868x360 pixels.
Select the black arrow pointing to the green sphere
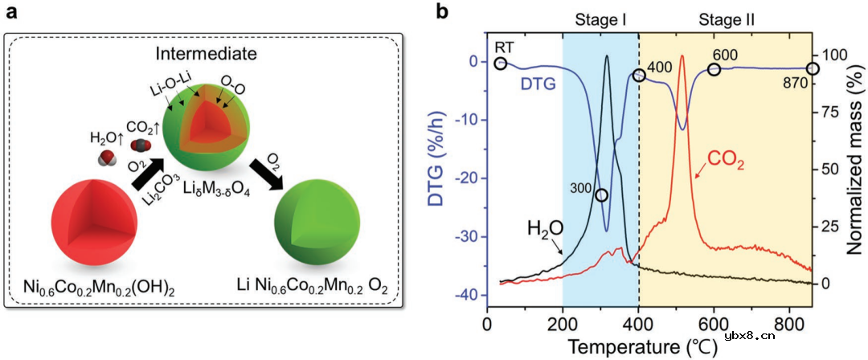[266, 172]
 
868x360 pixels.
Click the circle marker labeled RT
[500, 63]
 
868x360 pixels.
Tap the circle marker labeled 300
[601, 195]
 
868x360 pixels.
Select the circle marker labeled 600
[714, 70]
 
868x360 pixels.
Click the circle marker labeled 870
[813, 68]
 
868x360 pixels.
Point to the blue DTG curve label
[538, 83]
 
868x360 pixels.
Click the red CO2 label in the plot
[726, 166]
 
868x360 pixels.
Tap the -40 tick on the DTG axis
[465, 295]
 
